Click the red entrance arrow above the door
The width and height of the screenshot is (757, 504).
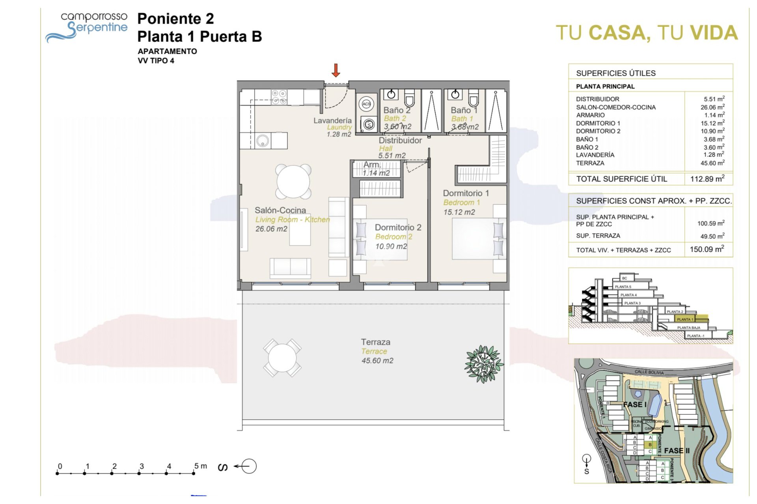click(x=336, y=70)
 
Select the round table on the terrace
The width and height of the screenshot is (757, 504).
click(x=282, y=358)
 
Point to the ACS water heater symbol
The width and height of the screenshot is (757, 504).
click(x=366, y=104)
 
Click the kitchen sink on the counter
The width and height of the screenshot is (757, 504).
click(x=263, y=141)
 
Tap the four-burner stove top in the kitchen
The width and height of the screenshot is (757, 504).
click(x=279, y=97)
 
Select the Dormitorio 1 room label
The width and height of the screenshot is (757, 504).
click(x=466, y=193)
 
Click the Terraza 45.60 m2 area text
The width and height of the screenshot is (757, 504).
click(x=377, y=360)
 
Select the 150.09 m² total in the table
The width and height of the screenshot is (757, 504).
click(x=707, y=249)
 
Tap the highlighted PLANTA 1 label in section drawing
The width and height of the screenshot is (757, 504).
click(x=684, y=319)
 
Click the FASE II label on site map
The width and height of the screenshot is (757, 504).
click(x=677, y=450)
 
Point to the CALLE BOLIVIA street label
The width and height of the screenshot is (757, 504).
click(x=649, y=372)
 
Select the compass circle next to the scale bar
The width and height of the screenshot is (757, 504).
click(x=248, y=466)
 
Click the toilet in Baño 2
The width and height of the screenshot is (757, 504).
click(x=409, y=98)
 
